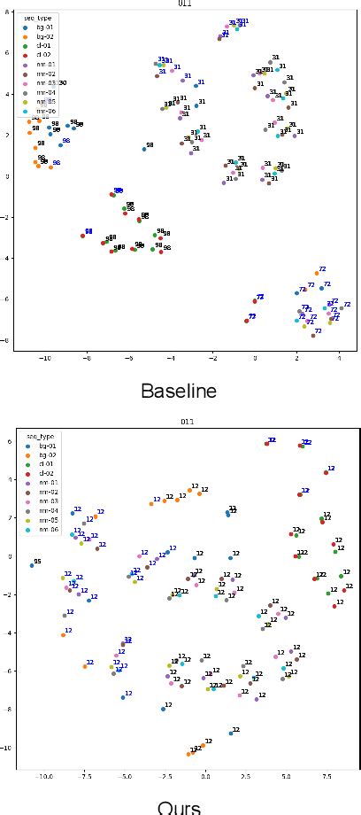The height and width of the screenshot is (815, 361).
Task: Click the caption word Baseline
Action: click(x=180, y=390)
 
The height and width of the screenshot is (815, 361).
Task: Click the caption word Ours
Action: click(x=180, y=807)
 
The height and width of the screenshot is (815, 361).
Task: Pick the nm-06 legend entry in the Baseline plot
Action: click(x=41, y=112)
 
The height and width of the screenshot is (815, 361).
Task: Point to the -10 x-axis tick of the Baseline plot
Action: click(x=44, y=359)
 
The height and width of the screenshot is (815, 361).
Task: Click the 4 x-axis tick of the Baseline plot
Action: click(x=339, y=359)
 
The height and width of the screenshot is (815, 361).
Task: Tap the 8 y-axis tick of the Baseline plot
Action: click(x=6, y=12)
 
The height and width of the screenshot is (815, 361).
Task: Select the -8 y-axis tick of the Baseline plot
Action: click(x=5, y=340)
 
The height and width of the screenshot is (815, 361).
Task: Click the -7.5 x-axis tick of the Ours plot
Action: click(x=84, y=775)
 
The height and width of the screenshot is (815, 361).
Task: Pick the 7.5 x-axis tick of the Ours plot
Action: click(x=326, y=775)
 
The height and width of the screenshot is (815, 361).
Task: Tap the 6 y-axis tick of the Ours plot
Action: click(x=8, y=441)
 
